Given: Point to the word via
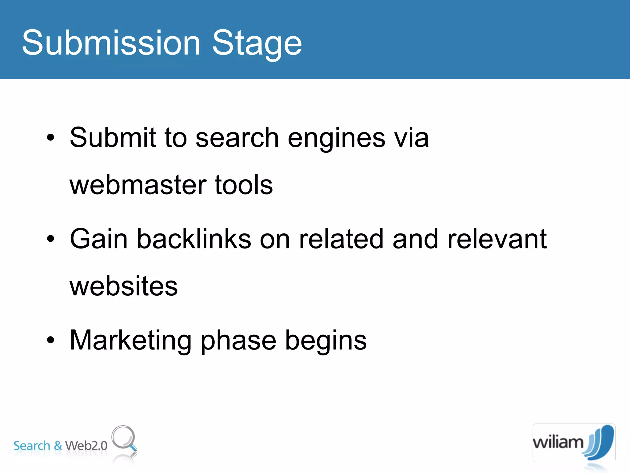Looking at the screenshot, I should [412, 138].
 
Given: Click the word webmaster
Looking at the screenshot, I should [138, 185].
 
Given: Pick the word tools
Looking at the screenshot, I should [244, 185].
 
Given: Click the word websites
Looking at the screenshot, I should [124, 286].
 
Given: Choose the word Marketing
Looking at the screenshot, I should [130, 341].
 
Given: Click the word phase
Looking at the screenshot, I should [238, 341].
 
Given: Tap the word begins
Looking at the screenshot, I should [326, 341].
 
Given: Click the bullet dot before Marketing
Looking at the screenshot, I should [50, 340].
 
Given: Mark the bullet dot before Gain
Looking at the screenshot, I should [50, 239].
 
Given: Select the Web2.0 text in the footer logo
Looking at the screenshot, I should [86, 446].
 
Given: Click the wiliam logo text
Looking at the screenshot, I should [558, 443].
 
